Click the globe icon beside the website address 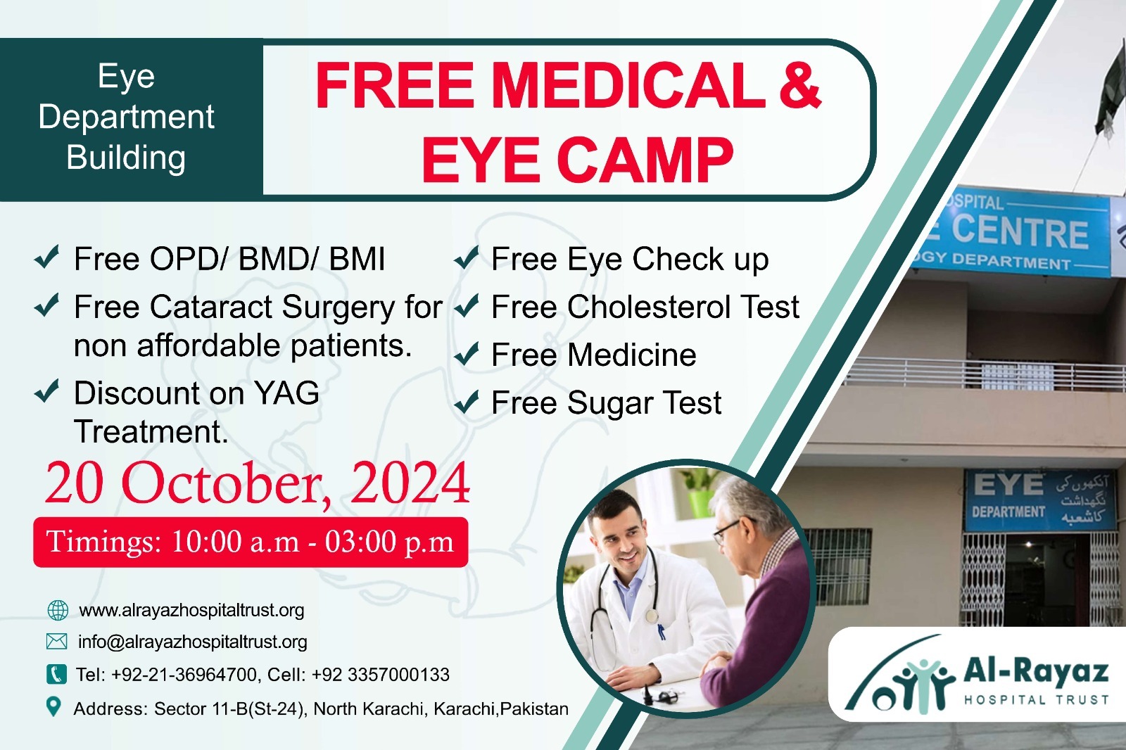(57, 610)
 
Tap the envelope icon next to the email (56, 642)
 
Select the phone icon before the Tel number (56, 674)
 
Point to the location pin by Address (53, 707)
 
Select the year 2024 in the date (410, 483)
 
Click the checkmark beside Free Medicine (466, 355)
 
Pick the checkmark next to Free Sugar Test (466, 402)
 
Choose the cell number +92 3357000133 (381, 675)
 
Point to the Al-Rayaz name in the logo (1036, 673)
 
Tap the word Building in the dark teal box (126, 158)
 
